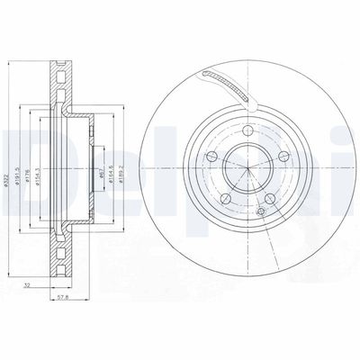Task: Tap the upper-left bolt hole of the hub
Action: coord(210,157)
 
